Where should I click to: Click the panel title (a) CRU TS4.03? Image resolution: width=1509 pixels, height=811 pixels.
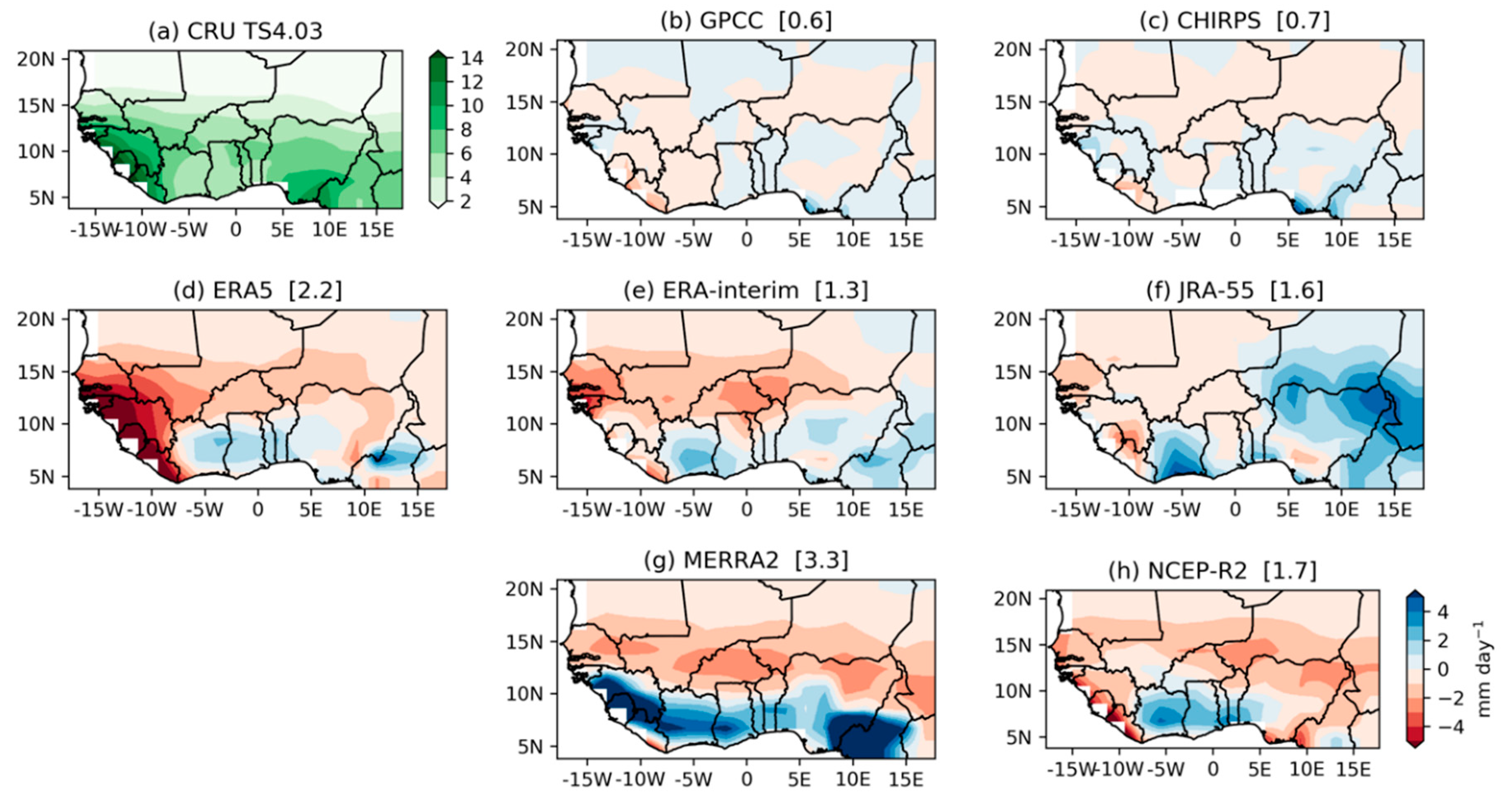(235, 31)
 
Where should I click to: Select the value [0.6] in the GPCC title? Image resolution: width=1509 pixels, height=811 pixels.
(805, 21)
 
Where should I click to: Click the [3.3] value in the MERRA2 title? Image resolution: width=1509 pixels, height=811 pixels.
(821, 561)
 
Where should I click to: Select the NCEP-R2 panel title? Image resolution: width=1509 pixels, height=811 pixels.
(1211, 571)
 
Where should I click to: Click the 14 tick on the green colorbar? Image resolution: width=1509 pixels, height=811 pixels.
(471, 58)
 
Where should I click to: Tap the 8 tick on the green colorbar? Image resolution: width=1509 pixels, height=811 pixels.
(466, 130)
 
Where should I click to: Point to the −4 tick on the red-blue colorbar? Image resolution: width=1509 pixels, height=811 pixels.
(1450, 727)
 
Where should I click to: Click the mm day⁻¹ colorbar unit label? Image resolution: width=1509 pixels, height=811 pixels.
(1484, 668)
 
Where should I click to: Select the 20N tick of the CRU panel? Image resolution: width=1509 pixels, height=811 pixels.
(36, 59)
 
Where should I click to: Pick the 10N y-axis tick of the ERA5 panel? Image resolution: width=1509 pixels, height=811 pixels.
(36, 424)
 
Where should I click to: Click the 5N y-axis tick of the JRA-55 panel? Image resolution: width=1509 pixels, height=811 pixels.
(1018, 477)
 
